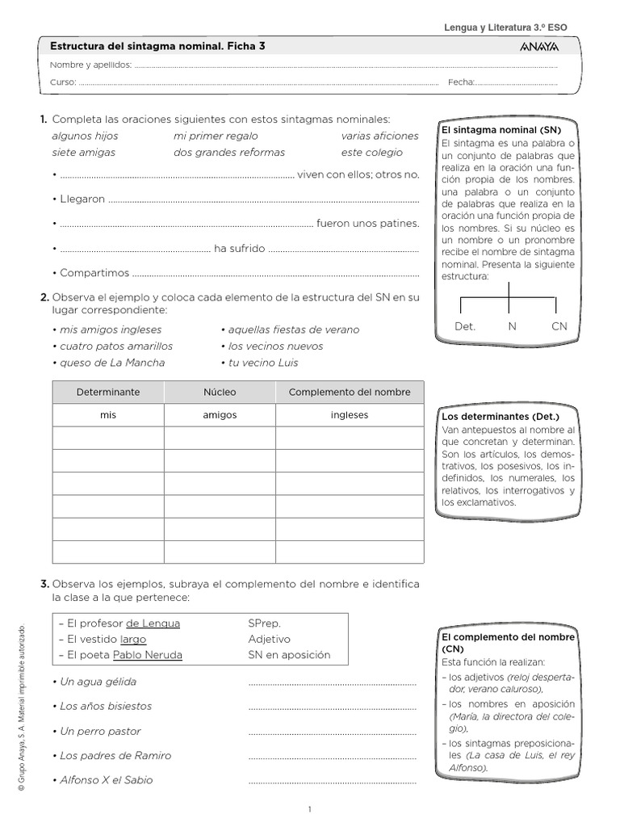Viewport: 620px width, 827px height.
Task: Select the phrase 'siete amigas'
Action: point(83,152)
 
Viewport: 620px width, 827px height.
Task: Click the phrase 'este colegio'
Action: point(371,152)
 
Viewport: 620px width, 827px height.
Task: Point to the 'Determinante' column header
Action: point(108,392)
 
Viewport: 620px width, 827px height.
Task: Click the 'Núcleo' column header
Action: point(220,392)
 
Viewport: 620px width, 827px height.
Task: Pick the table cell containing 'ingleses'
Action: point(349,415)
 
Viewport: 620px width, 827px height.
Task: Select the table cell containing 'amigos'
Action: point(220,415)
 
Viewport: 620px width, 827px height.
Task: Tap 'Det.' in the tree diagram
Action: point(465,327)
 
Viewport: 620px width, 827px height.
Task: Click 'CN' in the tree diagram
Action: point(559,327)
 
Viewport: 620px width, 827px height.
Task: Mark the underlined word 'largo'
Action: point(133,639)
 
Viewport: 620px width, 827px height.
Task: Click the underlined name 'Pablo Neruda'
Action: point(148,655)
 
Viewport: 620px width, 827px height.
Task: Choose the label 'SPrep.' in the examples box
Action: point(265,623)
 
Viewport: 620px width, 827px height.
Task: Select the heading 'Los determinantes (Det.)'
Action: point(494,417)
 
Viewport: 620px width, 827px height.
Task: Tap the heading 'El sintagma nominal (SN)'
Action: point(500,129)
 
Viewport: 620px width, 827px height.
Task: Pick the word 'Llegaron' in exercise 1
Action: point(82,199)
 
